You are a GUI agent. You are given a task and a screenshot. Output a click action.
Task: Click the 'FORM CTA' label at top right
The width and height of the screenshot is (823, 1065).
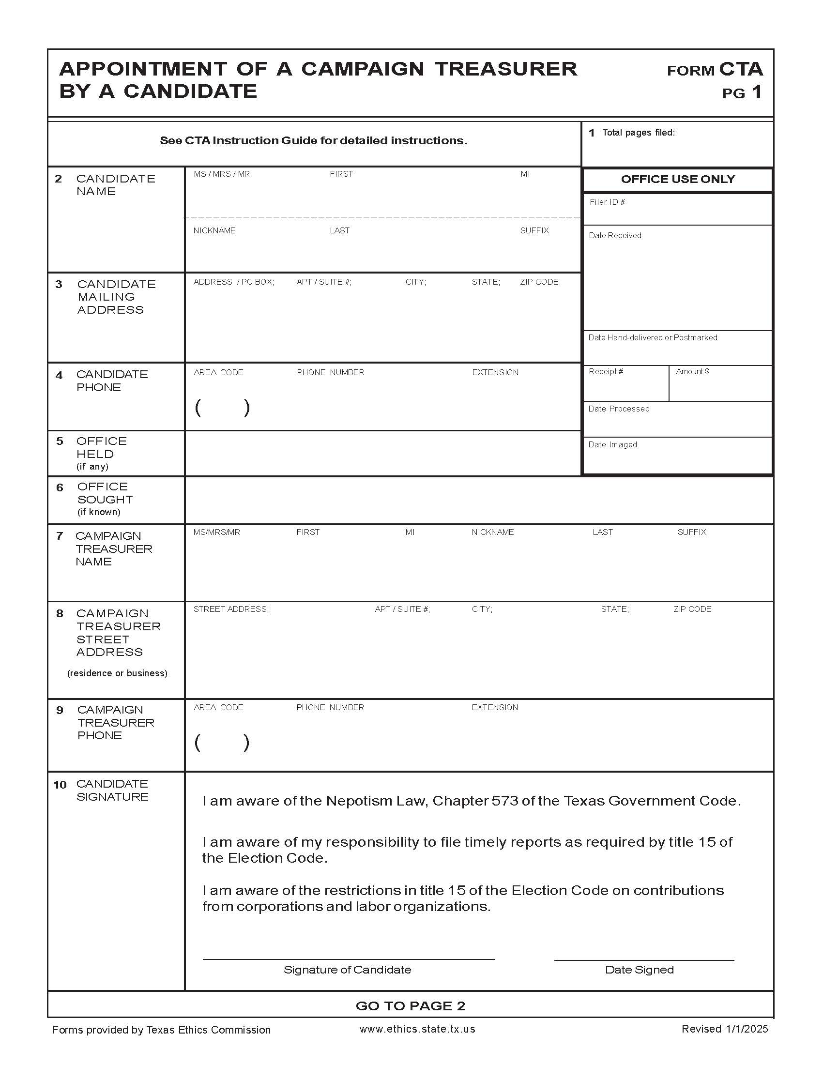pos(714,70)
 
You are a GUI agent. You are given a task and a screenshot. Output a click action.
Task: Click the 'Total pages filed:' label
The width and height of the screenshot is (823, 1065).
pos(638,133)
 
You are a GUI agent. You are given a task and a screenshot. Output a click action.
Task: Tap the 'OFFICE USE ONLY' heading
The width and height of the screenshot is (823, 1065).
pos(678,179)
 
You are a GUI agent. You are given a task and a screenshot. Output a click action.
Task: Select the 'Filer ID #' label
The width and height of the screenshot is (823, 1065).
pos(607,202)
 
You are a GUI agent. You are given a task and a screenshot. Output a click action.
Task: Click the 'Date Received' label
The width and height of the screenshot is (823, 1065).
pos(615,236)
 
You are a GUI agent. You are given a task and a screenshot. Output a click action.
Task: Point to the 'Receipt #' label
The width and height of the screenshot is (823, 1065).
pos(606,372)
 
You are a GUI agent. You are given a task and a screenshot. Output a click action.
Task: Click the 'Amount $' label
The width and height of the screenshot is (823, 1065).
pos(692,372)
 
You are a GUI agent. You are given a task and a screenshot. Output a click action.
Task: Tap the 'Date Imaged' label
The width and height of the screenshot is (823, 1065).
pos(612,445)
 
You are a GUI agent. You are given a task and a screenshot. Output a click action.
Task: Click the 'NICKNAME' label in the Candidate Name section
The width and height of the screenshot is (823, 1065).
pos(214,230)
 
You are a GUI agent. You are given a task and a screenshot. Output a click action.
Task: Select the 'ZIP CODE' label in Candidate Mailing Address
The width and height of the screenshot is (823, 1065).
pos(539,282)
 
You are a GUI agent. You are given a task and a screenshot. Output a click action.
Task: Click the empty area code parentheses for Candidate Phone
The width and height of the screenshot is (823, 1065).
pos(222,408)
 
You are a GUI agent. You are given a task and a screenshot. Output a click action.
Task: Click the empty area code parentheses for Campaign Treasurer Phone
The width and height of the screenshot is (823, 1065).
pos(222,743)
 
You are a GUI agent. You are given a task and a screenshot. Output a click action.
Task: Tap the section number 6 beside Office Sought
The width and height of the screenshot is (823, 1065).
pos(60,487)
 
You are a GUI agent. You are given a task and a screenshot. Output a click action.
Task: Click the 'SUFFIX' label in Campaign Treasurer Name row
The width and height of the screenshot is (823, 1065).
pos(691,532)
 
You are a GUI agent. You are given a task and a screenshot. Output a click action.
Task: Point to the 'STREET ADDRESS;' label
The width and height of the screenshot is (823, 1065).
pos(230,609)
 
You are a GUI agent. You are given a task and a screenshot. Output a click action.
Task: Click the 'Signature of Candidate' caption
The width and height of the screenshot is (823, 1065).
pos(347,970)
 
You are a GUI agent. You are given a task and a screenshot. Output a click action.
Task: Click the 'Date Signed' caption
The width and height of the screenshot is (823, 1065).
pos(639,970)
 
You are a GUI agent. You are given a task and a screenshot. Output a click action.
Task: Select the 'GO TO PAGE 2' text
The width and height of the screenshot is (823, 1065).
pos(410,1005)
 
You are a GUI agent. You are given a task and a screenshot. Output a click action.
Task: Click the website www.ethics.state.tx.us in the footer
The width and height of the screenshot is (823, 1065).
pos(417,1029)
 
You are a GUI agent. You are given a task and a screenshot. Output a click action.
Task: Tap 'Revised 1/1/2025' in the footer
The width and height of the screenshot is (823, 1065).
pos(725,1029)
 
